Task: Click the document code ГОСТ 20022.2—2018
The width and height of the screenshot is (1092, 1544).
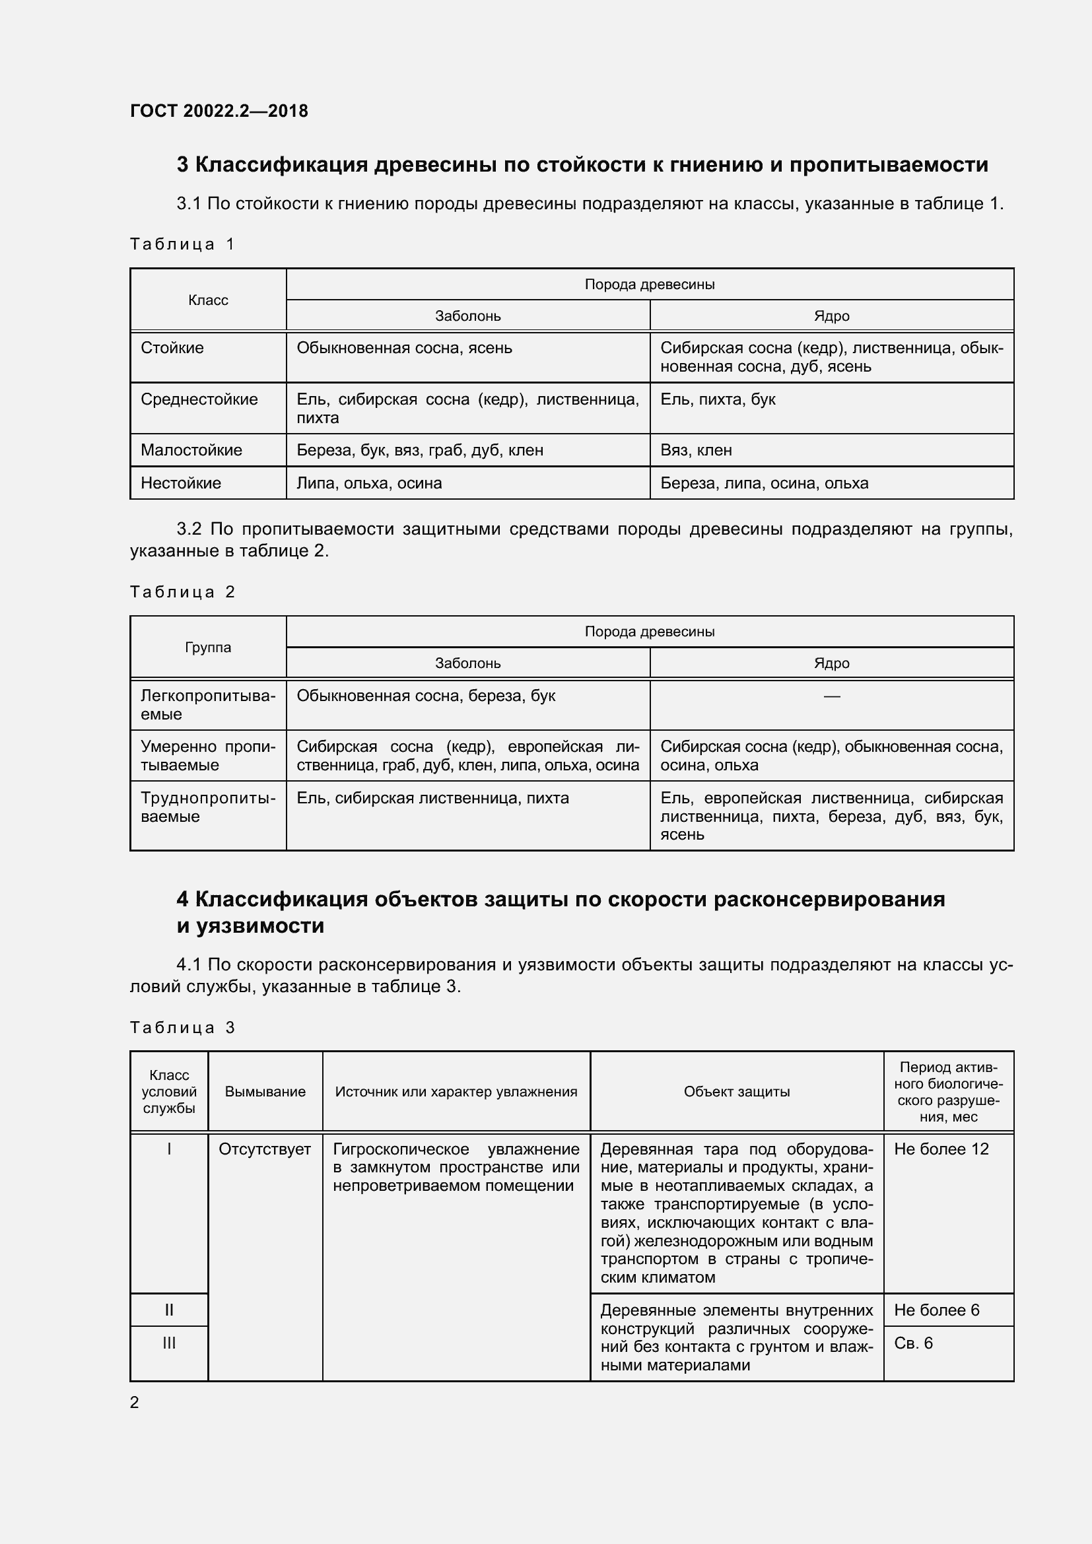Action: [x=219, y=111]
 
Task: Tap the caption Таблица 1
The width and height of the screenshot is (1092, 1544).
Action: [x=182, y=244]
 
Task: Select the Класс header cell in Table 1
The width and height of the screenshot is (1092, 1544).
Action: [x=208, y=300]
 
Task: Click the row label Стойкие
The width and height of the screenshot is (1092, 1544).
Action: [x=172, y=348]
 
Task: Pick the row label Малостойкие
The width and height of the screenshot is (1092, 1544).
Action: [x=191, y=450]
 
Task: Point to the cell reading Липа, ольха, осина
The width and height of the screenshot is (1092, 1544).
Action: [x=369, y=483]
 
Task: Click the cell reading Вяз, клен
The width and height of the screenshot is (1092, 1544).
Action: [x=696, y=450]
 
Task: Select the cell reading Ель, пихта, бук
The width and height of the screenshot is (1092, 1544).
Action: [x=718, y=399]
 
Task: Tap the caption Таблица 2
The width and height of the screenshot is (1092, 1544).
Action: [x=182, y=591]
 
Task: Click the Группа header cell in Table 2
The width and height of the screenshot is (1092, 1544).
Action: [x=208, y=647]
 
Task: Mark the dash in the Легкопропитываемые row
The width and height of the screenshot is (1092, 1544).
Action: [x=831, y=696]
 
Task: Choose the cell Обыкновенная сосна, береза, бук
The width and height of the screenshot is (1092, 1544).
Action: [x=426, y=695]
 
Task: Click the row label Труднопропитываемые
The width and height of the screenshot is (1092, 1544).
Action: [x=208, y=807]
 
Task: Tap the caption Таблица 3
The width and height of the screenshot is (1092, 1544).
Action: [x=182, y=1028]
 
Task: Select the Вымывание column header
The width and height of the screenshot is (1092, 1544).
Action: [x=265, y=1091]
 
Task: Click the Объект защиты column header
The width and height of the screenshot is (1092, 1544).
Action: [x=736, y=1091]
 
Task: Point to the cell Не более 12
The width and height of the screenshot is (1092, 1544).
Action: [x=941, y=1149]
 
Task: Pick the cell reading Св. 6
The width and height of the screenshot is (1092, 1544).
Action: [x=913, y=1343]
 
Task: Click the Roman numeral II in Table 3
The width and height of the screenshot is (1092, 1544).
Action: [x=169, y=1310]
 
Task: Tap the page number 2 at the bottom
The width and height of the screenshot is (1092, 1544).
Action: [x=135, y=1402]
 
